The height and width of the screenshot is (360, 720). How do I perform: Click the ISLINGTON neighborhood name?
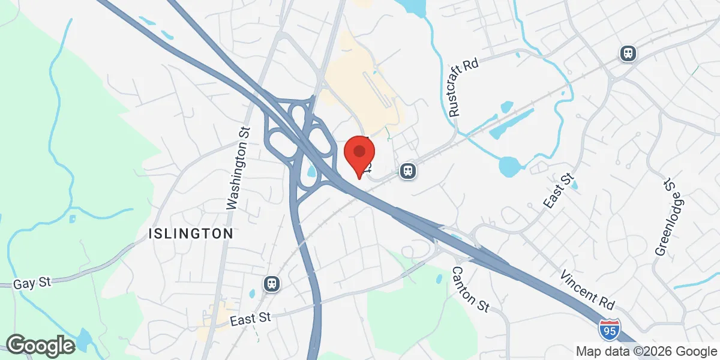coord(191,234)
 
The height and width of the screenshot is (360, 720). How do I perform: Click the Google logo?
coord(40,345)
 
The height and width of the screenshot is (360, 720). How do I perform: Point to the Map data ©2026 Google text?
coord(646,351)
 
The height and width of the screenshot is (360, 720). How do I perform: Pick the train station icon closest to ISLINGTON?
coord(272,283)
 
